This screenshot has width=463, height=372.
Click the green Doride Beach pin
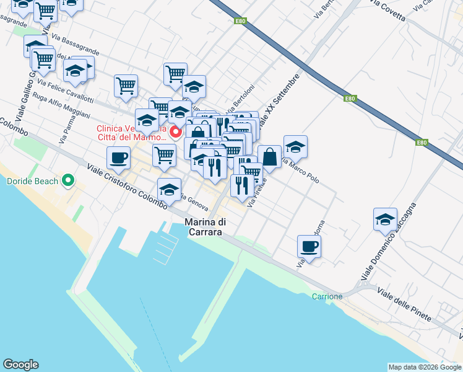click(x=69, y=181)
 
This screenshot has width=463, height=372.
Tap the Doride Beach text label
click(x=32, y=182)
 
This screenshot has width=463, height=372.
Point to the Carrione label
click(x=327, y=296)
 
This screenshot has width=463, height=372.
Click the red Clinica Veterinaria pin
click(x=176, y=131)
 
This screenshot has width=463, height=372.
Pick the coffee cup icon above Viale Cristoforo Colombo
click(x=118, y=157)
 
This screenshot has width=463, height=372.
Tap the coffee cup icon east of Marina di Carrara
click(x=309, y=246)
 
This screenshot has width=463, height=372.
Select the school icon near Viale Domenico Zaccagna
click(x=385, y=218)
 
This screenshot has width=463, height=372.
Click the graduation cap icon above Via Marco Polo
click(x=295, y=146)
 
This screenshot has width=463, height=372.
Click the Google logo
click(x=20, y=365)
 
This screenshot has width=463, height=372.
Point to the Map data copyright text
click(x=425, y=367)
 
